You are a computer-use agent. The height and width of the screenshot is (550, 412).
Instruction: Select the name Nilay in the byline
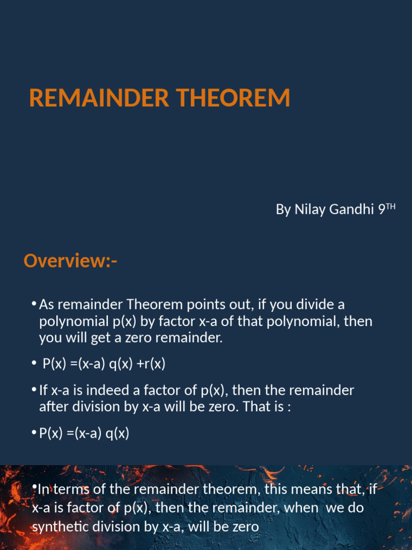point(307,209)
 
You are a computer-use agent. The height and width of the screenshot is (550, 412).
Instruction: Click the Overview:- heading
point(70,262)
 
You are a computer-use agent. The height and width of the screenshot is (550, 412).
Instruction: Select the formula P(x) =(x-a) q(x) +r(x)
point(104,364)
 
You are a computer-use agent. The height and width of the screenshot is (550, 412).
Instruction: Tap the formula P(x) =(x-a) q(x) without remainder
point(84,433)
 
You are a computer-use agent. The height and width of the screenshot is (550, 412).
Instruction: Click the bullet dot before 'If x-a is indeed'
point(34,390)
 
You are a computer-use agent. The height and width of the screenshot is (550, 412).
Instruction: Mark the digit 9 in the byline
point(381,209)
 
